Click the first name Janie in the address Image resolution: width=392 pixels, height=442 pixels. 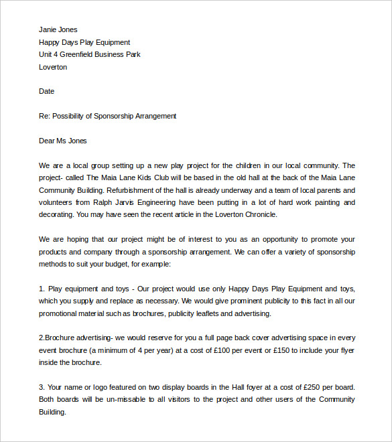pyautogui.click(x=48, y=29)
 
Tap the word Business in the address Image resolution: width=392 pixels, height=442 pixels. pyautogui.click(x=113, y=55)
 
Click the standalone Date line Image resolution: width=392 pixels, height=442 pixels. pyautogui.click(x=46, y=91)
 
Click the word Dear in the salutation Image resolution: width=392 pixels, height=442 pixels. pyautogui.click(x=48, y=141)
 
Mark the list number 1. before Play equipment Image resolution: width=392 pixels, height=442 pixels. pyautogui.click(x=42, y=289)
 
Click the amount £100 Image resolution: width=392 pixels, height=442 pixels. pyautogui.click(x=231, y=350)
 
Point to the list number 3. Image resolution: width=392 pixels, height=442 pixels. pyautogui.click(x=42, y=387)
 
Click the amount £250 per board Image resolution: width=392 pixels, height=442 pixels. pyautogui.click(x=313, y=387)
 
